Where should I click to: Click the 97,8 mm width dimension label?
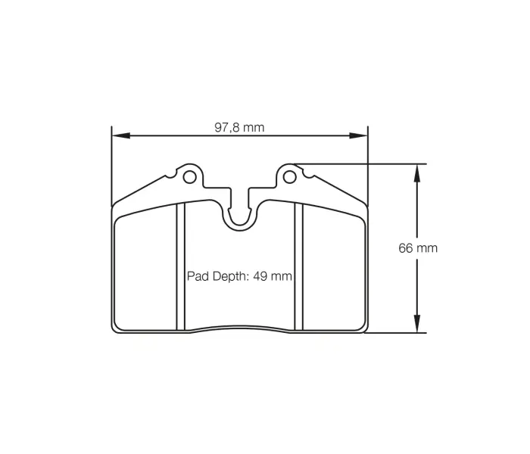pos(239,127)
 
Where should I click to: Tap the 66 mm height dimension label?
pos(418,248)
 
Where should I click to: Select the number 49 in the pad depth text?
pos(260,277)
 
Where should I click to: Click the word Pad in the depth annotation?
pos(197,277)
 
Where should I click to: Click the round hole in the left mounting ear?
pos(189,177)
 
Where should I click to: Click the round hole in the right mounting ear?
pos(288,177)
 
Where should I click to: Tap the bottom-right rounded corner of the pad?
pos(362,327)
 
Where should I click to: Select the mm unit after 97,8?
pos(254,127)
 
